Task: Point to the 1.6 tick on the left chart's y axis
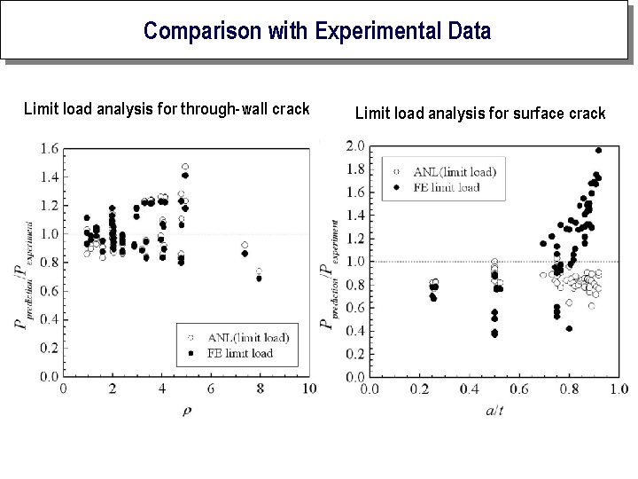pos(48,148)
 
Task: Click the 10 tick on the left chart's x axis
pos(308,389)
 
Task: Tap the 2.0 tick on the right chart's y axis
pos(354,145)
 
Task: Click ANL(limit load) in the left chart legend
pos(247,337)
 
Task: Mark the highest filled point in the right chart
pos(598,150)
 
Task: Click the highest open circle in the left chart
pos(185,167)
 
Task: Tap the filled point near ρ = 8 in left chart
pos(259,279)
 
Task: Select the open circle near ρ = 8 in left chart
pos(259,271)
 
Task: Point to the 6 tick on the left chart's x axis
pos(210,389)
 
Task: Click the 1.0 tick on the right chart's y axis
pos(354,261)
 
